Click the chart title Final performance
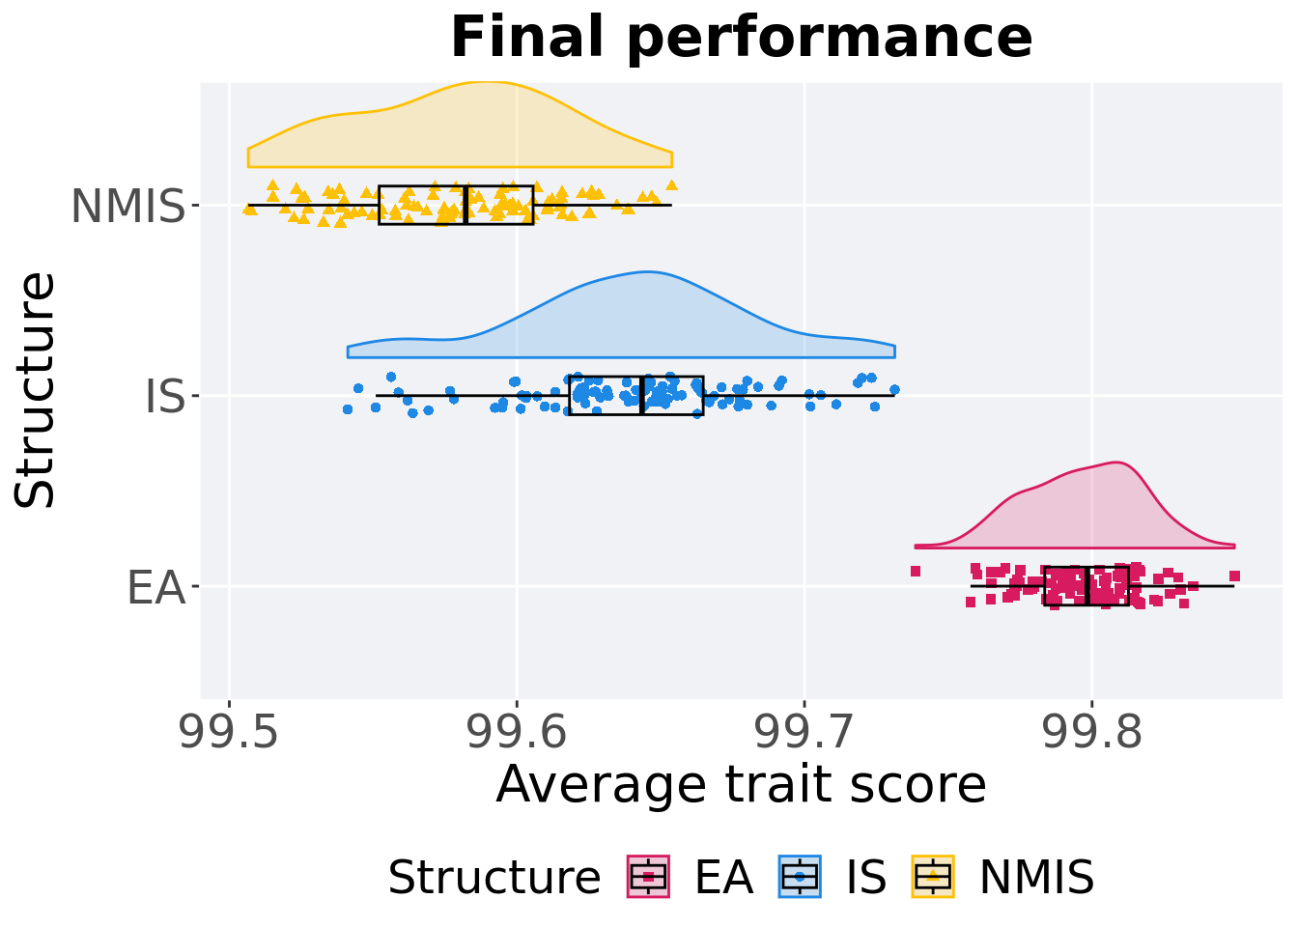point(741,39)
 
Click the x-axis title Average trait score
point(741,784)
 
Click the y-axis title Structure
point(37,389)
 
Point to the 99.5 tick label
point(229,733)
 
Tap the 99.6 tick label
point(517,733)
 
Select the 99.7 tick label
point(804,733)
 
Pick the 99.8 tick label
point(1091,733)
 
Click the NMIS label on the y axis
point(127,207)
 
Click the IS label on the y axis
point(164,397)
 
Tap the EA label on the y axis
point(155,587)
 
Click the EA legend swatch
point(649,877)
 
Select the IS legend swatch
point(800,877)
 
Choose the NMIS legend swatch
point(933,877)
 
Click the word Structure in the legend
point(494,878)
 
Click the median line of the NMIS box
point(466,205)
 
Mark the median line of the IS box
point(641,395)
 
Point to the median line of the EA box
point(1087,586)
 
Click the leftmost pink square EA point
point(916,571)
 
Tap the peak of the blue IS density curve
point(644,272)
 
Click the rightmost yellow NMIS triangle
point(671,184)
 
